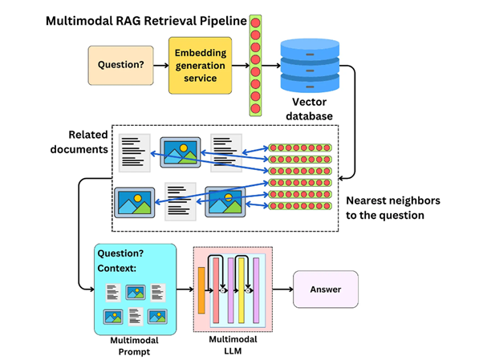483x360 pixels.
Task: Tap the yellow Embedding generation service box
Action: coord(200,66)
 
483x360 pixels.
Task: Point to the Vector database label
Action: coord(311,108)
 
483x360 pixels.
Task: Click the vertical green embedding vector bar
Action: coord(256,64)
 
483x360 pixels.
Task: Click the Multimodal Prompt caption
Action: coord(134,345)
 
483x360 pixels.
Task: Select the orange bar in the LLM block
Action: coord(201,290)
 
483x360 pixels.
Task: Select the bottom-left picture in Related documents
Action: coord(133,202)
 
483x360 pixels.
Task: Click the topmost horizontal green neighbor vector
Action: coord(299,148)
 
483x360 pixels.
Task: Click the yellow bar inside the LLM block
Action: coord(239,290)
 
